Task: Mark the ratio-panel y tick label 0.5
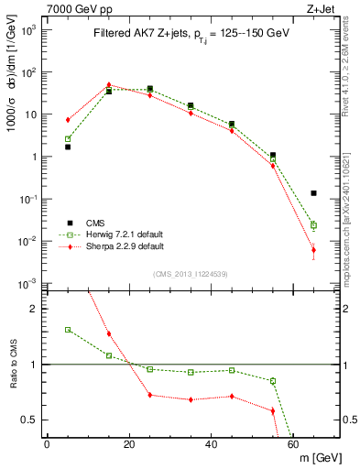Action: coord(30,420)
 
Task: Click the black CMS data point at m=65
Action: coord(313,193)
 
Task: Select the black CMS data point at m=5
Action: coord(68,147)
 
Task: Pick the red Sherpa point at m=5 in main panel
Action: coord(68,120)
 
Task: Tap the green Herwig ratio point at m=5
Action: coord(68,330)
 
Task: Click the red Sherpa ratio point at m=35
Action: coord(191,399)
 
